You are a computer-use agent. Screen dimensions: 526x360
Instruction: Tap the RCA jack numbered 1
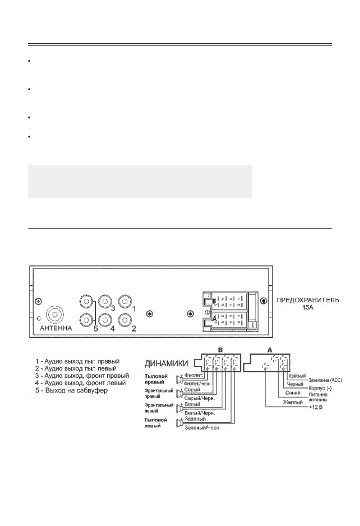124,301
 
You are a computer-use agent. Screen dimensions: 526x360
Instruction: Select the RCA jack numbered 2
124,319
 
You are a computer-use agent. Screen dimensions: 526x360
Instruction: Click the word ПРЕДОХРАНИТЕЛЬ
307,300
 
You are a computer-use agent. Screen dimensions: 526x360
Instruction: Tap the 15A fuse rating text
307,307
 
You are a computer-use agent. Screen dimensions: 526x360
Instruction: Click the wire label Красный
297,376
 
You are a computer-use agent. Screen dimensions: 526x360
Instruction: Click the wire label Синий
294,393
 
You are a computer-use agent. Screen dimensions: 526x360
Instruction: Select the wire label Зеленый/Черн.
202,428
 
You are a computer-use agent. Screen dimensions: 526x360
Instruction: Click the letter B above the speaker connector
218,350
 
